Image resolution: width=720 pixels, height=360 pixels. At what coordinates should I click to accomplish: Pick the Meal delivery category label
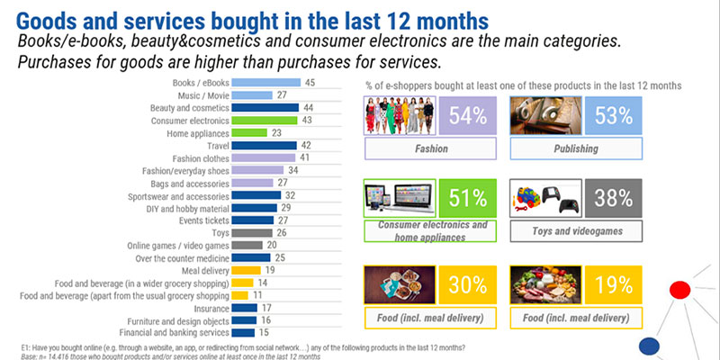click(x=202, y=269)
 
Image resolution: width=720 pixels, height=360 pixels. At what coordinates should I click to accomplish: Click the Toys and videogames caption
click(x=576, y=231)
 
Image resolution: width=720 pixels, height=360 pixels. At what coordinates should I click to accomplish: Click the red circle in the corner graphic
click(x=680, y=289)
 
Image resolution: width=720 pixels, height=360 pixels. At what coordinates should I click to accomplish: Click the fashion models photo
click(x=401, y=116)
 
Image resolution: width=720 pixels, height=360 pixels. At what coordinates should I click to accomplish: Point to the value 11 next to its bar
click(x=257, y=294)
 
